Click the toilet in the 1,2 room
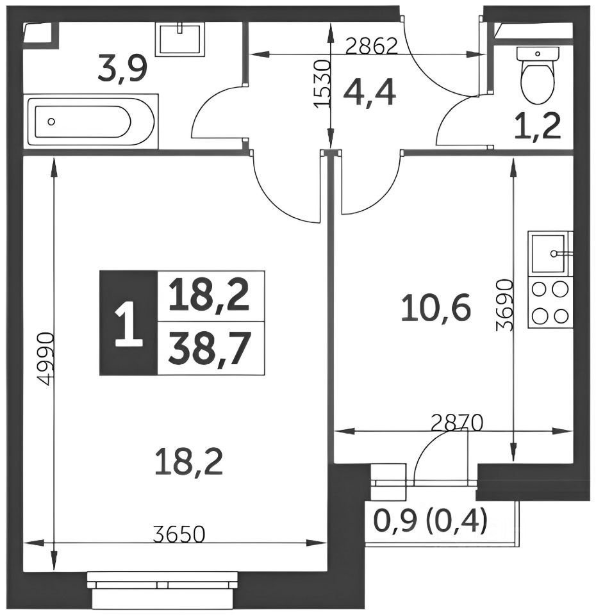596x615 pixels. point(537,74)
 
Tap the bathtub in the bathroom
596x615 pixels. point(90,122)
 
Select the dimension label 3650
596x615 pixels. point(179,534)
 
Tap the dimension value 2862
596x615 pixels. point(372,47)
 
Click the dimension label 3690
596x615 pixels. point(504,305)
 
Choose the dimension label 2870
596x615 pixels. point(456,423)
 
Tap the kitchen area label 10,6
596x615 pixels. point(436,308)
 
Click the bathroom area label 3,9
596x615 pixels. point(122,69)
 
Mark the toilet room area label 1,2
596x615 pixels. point(538,126)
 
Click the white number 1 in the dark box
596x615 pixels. point(129,322)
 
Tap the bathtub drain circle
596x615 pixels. point(51,122)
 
